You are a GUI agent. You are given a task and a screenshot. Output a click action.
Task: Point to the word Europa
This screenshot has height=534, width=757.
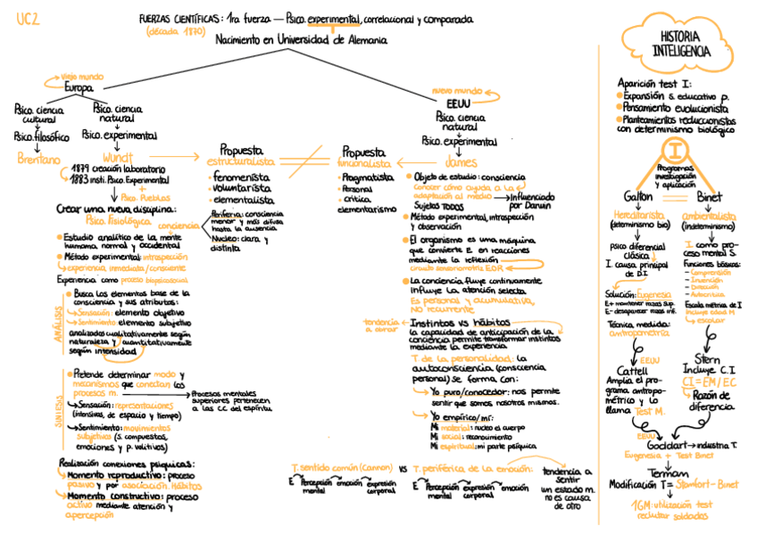pyautogui.click(x=79, y=87)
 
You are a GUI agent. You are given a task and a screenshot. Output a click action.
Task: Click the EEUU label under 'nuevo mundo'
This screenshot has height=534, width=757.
pyautogui.click(x=458, y=103)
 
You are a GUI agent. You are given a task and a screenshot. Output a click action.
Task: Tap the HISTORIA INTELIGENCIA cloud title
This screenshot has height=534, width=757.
pyautogui.click(x=681, y=44)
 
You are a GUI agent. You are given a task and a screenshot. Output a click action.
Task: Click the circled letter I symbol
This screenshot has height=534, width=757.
pyautogui.click(x=680, y=150)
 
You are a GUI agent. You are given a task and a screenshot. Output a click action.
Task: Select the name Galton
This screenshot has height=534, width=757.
pyautogui.click(x=639, y=196)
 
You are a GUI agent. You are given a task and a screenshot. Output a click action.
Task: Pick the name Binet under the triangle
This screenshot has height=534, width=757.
pyautogui.click(x=708, y=196)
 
